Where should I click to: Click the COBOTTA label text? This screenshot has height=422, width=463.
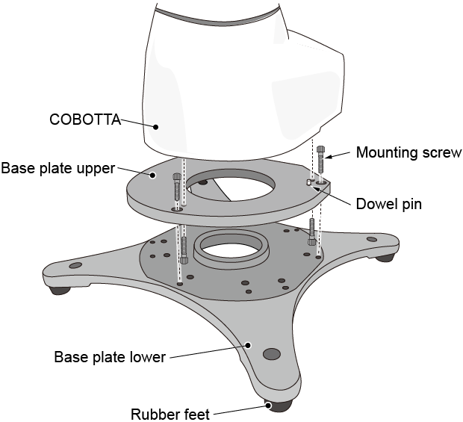(x=84, y=119)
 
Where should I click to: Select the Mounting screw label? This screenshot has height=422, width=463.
(x=408, y=153)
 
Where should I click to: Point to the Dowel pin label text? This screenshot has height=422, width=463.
(x=388, y=202)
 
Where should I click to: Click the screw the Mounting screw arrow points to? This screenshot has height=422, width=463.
(x=320, y=161)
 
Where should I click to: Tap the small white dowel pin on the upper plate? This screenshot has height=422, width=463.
(x=308, y=182)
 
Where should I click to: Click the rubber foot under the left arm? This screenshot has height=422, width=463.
(x=58, y=290)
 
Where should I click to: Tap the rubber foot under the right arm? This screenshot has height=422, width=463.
(x=385, y=257)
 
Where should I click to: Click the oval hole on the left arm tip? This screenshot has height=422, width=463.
(x=74, y=265)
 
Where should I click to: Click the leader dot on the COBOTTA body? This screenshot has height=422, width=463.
(x=155, y=127)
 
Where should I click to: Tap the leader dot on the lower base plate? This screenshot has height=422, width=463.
(x=249, y=345)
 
